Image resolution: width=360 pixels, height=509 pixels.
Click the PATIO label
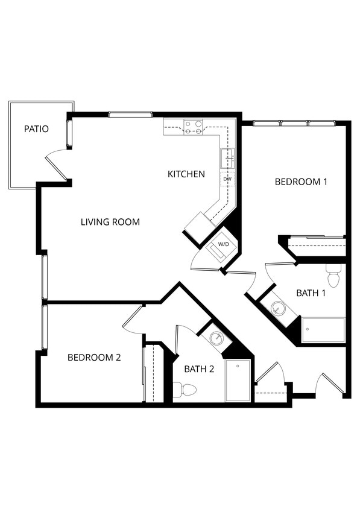[36, 129]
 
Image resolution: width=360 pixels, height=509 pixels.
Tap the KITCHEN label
[186, 174]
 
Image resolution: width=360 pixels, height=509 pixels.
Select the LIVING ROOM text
[110, 222]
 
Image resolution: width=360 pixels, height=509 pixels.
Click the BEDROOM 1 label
[301, 182]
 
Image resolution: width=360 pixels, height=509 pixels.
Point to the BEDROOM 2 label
[94, 357]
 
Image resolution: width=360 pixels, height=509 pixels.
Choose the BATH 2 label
[199, 369]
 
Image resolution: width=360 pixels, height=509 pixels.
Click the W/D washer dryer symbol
[223, 245]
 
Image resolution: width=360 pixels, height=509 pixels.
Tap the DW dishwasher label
[227, 179]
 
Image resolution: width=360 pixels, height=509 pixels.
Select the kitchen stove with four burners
[194, 127]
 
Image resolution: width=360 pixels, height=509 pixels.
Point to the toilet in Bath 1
[333, 277]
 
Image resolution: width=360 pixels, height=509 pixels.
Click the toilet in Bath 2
[186, 390]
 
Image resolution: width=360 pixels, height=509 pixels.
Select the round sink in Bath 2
[216, 338]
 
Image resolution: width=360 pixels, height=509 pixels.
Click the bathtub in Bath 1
[323, 330]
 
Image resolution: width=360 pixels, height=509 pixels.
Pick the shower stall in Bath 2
[238, 380]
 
